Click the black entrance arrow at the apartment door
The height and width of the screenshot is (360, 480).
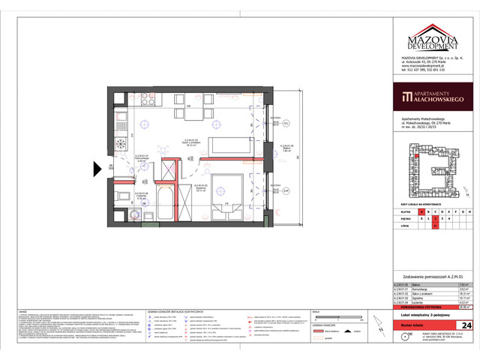[x=98, y=169]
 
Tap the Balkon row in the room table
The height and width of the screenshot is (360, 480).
[x=420, y=285]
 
